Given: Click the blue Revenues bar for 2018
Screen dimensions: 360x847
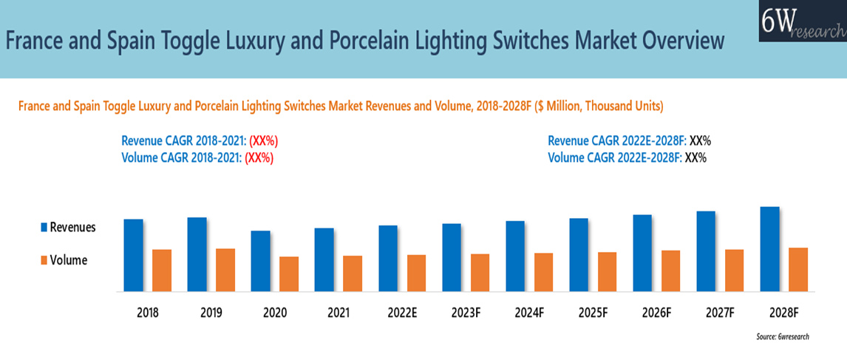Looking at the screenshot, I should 133,255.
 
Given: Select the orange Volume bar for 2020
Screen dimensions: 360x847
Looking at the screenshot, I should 289,274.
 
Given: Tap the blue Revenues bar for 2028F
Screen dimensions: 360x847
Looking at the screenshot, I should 769,248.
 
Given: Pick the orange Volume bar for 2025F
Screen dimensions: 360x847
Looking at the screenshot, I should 607,271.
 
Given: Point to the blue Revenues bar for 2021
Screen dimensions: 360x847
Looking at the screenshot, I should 324,259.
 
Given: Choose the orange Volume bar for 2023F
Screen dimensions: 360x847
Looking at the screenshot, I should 480,272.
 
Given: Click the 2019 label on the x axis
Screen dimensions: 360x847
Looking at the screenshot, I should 211,312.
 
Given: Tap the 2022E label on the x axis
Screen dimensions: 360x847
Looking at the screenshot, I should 402,312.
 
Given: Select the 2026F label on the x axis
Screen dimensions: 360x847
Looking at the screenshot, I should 656,312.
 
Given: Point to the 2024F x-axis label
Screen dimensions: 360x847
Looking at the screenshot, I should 529,312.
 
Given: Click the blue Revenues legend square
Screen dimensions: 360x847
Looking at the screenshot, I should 43,227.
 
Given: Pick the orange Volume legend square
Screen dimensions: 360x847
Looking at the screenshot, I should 43,259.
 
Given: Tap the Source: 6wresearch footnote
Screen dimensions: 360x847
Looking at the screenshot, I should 782,336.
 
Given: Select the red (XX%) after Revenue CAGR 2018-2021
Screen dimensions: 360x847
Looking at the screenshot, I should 263,140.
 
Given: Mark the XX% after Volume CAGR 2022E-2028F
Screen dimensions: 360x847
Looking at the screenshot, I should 695,157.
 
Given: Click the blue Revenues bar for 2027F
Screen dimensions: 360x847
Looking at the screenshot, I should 706,251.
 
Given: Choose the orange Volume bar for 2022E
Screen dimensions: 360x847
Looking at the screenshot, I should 416,273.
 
